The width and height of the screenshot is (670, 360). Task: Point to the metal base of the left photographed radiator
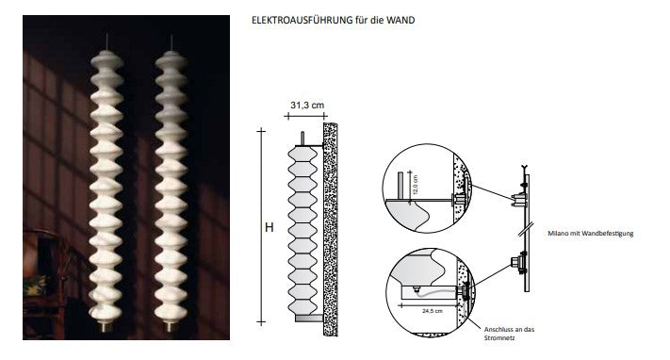pyautogui.click(x=103, y=326)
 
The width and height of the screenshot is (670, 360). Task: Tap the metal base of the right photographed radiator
pyautogui.click(x=171, y=326)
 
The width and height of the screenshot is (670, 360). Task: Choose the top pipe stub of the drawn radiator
pyautogui.click(x=302, y=138)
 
